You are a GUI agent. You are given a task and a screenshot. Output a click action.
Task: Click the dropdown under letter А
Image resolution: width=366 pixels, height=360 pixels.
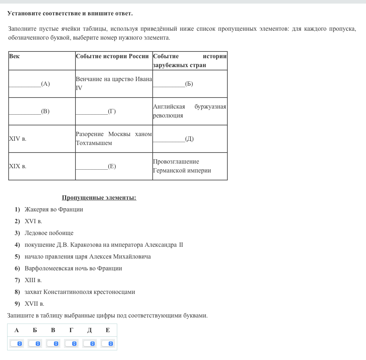pos(16,344)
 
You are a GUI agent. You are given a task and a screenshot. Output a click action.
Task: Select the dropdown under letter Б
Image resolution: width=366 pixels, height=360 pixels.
pos(35,344)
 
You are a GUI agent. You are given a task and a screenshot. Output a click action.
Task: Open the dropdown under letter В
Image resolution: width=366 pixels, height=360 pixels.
pos(53,344)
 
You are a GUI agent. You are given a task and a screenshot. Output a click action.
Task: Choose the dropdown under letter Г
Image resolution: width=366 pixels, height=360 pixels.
pos(71,344)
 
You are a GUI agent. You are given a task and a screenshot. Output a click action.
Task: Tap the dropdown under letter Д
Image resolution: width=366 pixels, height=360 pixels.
pos(89,344)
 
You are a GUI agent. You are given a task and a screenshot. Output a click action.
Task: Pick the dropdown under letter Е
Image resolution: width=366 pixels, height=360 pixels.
pos(108,344)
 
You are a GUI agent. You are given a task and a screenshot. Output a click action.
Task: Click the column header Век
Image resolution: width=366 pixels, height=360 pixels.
pos(14,56)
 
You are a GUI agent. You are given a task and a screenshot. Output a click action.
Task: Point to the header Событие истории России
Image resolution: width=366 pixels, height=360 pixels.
pos(112,56)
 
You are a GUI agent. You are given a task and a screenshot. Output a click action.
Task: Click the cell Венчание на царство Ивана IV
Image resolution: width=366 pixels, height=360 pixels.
pos(114,84)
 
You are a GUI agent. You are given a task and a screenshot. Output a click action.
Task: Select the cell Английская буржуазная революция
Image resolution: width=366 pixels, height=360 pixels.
pos(189,111)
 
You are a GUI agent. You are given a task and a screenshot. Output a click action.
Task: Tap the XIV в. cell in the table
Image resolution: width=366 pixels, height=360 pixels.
pos(18,139)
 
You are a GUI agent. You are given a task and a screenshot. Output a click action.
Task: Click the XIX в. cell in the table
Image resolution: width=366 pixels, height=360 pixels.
pos(18,166)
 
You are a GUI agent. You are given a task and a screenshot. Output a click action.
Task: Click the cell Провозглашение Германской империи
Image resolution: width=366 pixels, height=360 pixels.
pos(182,166)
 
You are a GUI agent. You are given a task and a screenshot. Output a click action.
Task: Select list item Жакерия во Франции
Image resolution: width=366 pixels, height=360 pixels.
pos(54,210)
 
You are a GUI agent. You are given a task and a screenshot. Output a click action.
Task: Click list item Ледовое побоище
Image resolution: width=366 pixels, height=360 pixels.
pos(49,233)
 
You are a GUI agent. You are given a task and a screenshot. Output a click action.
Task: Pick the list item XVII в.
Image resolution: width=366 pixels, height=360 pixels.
pos(34,304)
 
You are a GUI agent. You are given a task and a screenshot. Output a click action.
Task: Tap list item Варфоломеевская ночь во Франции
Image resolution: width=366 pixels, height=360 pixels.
pos(73,269)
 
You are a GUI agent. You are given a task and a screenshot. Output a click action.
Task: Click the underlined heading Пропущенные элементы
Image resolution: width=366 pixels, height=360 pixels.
pos(99,198)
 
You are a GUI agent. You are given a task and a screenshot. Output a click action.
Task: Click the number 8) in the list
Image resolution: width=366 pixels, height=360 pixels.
pos(17,292)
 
